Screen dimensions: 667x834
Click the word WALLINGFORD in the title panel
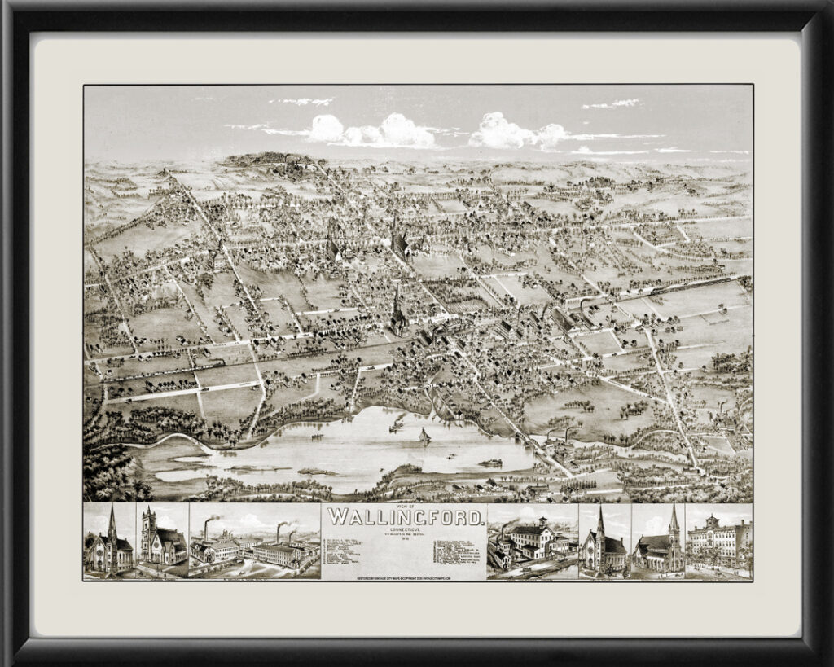[x=405, y=516]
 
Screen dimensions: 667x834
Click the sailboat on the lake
[x=424, y=437]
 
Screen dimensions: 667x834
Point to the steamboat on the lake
[x=397, y=423]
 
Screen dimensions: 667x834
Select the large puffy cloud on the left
[x=375, y=130]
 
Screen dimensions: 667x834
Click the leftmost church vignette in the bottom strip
[x=109, y=542]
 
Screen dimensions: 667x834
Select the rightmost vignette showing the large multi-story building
[x=718, y=542]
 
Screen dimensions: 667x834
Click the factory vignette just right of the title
[x=532, y=542]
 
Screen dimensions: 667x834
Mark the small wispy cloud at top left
[x=303, y=101]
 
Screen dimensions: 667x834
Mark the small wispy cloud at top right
[x=611, y=103]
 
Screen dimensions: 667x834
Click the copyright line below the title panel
[x=405, y=577]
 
